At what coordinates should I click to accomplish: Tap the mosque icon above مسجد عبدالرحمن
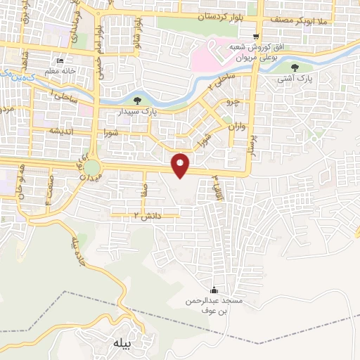click(214, 290)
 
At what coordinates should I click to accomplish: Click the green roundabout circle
click(92, 168)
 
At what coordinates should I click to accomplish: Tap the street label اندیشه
click(61, 131)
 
